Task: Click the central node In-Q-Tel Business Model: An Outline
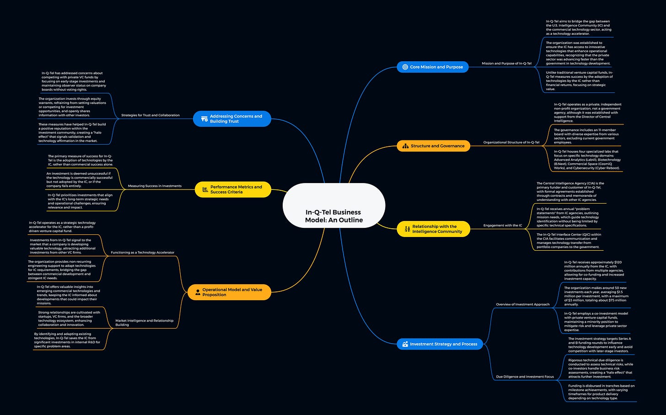pyautogui.click(x=334, y=216)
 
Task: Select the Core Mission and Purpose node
pyautogui.click(x=433, y=67)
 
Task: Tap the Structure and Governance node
pyautogui.click(x=434, y=146)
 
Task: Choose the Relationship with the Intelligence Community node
pyautogui.click(x=434, y=229)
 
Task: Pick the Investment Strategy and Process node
pyautogui.click(x=440, y=344)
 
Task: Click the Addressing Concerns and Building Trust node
pyautogui.click(x=232, y=119)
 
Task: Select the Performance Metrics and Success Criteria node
pyautogui.click(x=233, y=189)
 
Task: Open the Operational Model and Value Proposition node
pyautogui.click(x=229, y=292)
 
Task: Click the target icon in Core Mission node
pyautogui.click(x=405, y=67)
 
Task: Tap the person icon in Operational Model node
pyautogui.click(x=198, y=292)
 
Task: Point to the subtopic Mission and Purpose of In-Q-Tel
pyautogui.click(x=506, y=64)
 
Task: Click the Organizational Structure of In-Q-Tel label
pyautogui.click(x=511, y=142)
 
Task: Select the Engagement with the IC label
pyautogui.click(x=502, y=226)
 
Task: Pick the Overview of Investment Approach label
pyautogui.click(x=522, y=304)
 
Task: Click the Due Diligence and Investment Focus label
pyautogui.click(x=525, y=377)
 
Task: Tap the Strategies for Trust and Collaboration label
pyautogui.click(x=150, y=115)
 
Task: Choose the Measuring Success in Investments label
pyautogui.click(x=155, y=186)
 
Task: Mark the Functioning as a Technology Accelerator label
pyautogui.click(x=142, y=253)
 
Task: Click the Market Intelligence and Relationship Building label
pyautogui.click(x=144, y=323)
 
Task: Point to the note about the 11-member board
pyautogui.click(x=586, y=136)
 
